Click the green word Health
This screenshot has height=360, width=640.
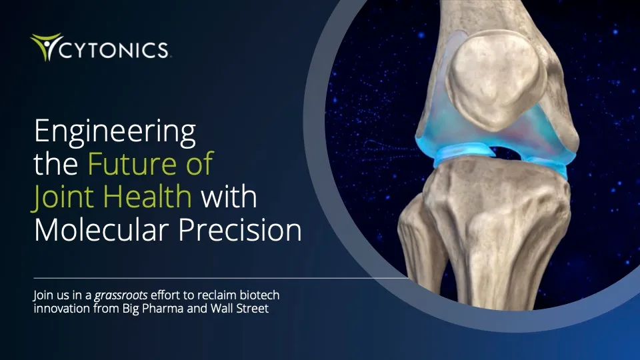[145, 197]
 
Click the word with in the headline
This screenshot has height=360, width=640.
[229, 197]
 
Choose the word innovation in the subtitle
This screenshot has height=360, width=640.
[61, 309]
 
